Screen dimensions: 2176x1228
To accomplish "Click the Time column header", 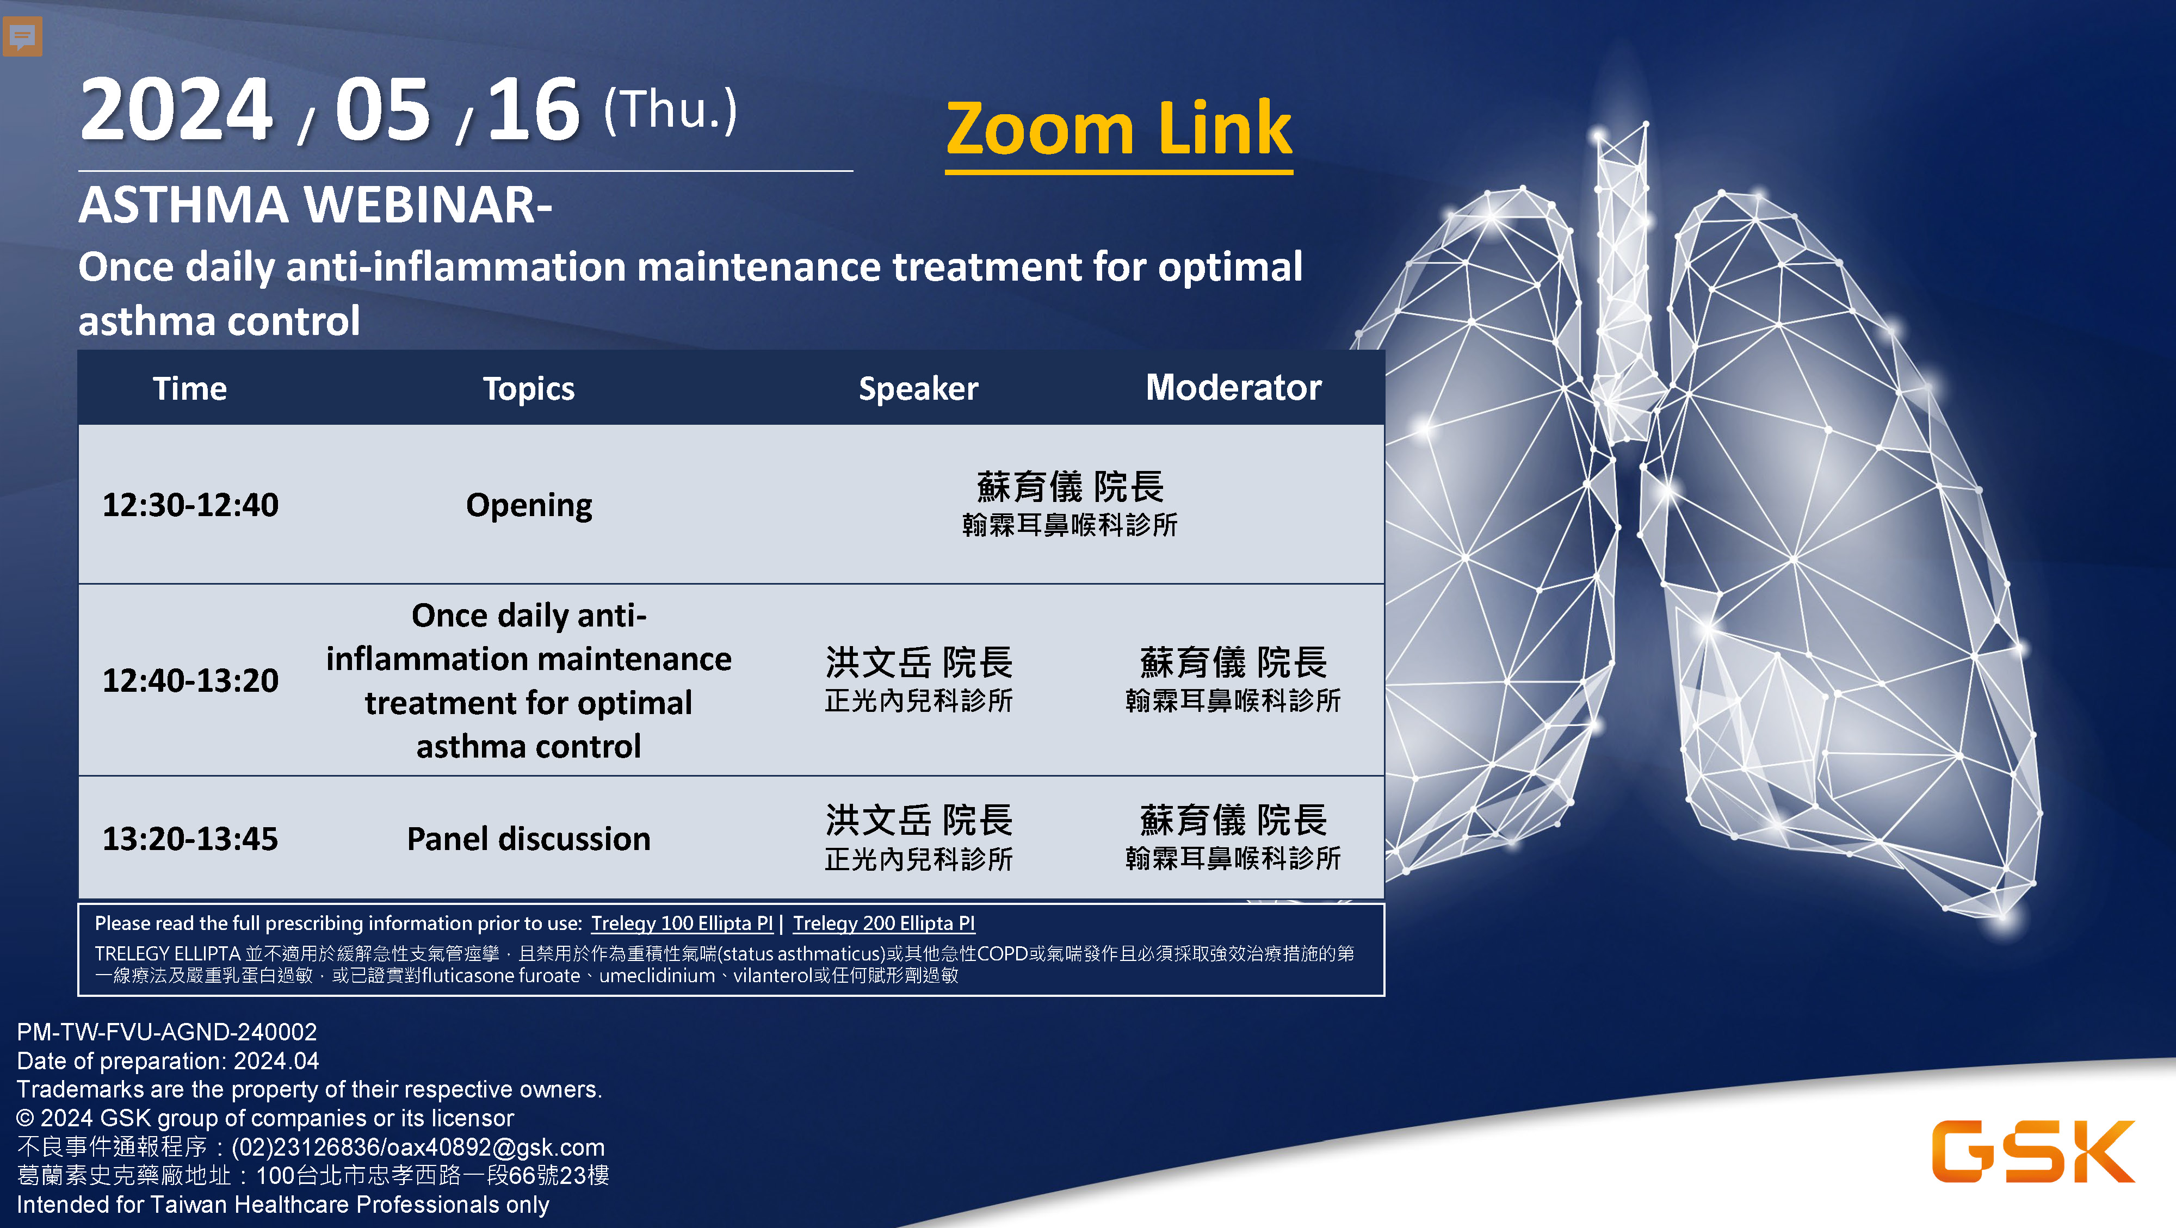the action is coord(190,388).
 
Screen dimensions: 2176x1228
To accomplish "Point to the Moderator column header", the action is coord(1233,388).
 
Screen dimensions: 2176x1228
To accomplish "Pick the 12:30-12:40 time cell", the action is coord(190,505).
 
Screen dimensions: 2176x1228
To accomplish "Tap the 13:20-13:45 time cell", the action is coord(190,839).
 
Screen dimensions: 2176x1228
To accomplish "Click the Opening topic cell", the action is coord(529,506).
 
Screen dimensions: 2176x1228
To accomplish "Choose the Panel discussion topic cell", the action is coord(529,839).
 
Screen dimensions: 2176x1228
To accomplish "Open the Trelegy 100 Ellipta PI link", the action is coord(682,923).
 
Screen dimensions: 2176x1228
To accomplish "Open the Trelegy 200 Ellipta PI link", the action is coord(883,923).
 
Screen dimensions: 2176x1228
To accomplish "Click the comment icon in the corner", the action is coord(22,36).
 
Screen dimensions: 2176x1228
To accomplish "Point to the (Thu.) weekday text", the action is coord(670,110).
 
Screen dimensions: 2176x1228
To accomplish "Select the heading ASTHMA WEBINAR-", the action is coord(315,205).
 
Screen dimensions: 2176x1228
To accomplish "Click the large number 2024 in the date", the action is coord(177,110).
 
